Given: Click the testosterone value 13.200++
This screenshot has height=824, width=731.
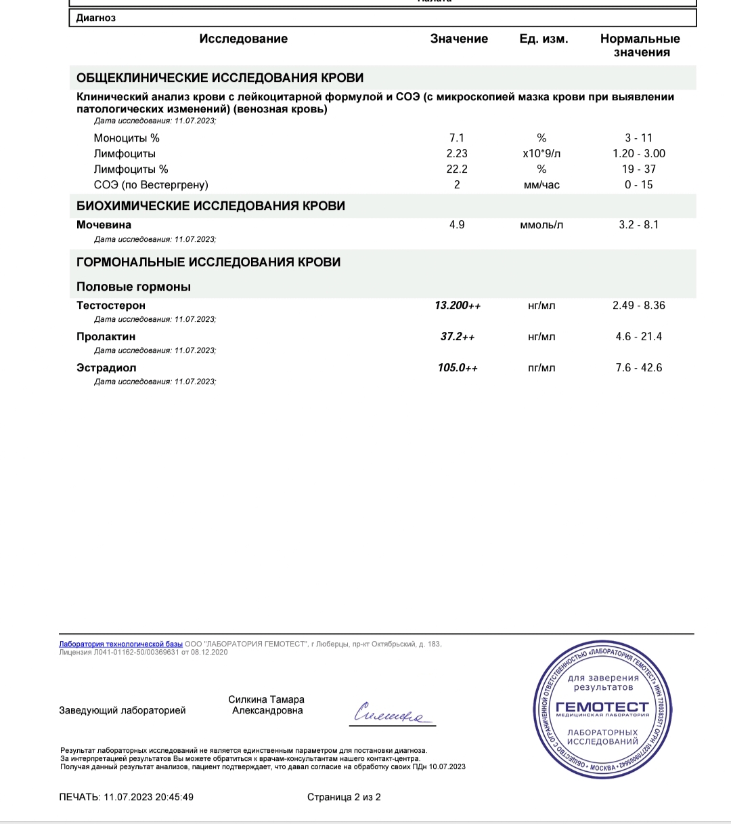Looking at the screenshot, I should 458,306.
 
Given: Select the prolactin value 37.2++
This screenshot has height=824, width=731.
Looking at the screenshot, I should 458,337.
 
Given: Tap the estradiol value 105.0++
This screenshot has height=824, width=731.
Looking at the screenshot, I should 458,368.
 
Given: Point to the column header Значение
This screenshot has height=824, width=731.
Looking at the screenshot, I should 459,39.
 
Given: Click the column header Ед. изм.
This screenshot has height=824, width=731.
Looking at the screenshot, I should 544,39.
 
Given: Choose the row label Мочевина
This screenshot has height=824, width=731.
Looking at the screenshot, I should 104,225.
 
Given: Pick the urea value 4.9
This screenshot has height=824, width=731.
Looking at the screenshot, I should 457,225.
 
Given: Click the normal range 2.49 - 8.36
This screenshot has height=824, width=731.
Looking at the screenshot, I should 638,306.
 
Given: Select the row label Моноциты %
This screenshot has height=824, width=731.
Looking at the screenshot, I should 127,138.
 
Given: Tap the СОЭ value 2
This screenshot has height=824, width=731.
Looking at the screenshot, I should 457,185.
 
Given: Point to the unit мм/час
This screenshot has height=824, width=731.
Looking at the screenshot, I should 541,185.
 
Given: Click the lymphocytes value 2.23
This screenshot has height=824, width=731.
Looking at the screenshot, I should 457,154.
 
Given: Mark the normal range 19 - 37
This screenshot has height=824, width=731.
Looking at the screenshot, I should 638,169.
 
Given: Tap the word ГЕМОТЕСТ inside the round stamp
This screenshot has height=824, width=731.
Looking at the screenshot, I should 602,707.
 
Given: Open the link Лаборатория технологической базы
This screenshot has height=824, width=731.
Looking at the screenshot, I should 120,644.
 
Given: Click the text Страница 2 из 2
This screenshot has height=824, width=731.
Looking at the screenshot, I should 344,797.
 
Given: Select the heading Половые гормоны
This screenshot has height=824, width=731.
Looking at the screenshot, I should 133,287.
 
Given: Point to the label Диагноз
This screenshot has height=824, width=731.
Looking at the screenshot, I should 95,18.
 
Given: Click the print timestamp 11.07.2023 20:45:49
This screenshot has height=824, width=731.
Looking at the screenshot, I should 148,797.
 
